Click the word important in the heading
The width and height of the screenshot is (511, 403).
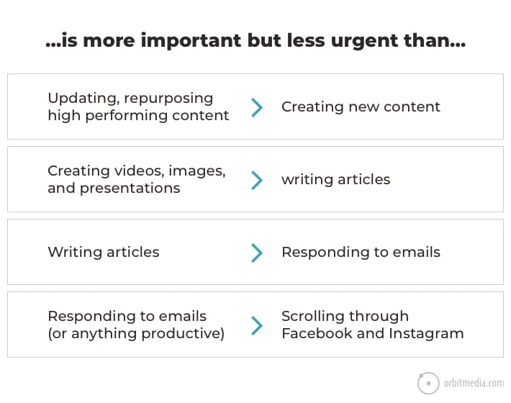click(x=191, y=41)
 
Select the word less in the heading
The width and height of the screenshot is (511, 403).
click(x=306, y=40)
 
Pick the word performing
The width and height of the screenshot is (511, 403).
click(x=126, y=116)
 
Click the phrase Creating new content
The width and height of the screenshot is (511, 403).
click(x=361, y=107)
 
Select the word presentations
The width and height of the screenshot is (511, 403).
click(x=130, y=189)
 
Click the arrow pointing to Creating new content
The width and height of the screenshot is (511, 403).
click(x=257, y=107)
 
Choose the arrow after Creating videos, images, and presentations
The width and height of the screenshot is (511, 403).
click(x=257, y=180)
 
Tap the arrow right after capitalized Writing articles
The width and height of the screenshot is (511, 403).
click(x=257, y=253)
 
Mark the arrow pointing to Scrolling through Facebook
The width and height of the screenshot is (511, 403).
click(x=257, y=325)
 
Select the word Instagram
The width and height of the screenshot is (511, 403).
click(x=426, y=334)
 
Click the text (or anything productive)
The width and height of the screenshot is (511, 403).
click(x=136, y=334)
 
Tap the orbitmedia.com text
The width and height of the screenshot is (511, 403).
click(x=474, y=383)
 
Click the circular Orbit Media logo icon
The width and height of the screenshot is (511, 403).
click(x=428, y=383)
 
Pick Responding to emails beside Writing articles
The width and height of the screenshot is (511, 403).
click(x=361, y=253)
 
